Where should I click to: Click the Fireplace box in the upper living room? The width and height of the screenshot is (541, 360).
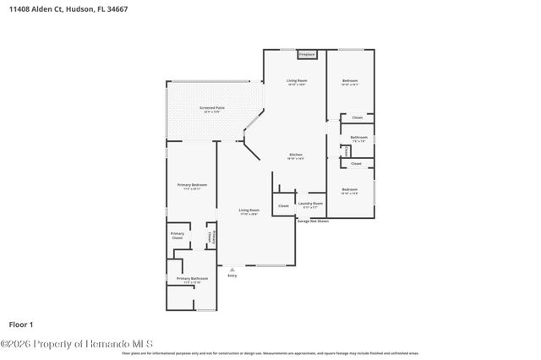(x=308, y=55)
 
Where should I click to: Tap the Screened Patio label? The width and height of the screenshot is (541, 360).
(x=212, y=109)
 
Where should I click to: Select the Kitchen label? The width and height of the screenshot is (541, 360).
(x=296, y=155)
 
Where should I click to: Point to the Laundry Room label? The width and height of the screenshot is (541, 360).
(x=311, y=204)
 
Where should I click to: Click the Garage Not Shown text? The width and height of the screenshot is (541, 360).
(x=311, y=221)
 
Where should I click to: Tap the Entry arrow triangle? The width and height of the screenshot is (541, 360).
(x=232, y=269)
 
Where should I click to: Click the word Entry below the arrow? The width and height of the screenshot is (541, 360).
(x=232, y=275)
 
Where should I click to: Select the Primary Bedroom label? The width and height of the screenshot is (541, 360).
(x=192, y=185)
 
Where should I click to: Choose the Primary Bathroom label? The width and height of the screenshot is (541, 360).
(x=192, y=278)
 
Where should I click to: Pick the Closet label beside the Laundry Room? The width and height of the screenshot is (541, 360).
(x=283, y=205)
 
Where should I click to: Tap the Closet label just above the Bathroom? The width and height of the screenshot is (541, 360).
(x=357, y=117)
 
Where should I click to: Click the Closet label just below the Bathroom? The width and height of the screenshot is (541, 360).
(x=356, y=163)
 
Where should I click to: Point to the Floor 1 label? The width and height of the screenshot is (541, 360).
(x=20, y=324)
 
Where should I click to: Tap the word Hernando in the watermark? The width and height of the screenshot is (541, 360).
(x=108, y=344)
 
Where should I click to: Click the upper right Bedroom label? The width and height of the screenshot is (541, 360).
(x=350, y=83)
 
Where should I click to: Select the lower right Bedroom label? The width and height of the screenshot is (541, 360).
(x=350, y=190)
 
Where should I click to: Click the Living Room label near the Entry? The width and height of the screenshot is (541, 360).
(x=248, y=212)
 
